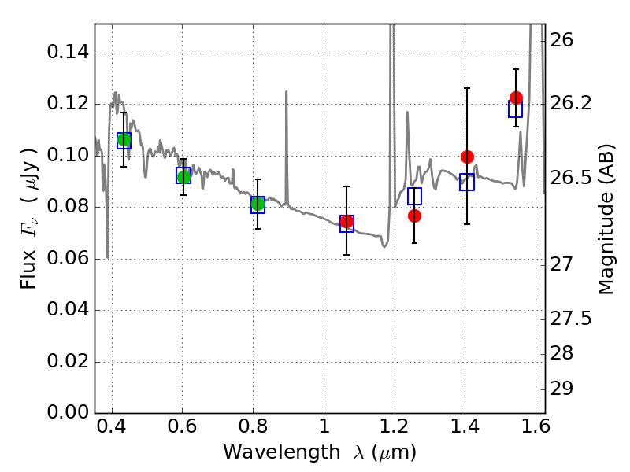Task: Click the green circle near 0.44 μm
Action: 124,140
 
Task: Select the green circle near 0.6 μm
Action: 183,176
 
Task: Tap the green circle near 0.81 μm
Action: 258,204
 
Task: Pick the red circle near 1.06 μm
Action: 346,221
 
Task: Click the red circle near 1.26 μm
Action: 414,216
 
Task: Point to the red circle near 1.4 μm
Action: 467,157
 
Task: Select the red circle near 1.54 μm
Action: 516,98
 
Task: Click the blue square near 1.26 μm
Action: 414,196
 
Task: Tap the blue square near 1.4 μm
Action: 467,182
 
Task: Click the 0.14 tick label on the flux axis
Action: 68,52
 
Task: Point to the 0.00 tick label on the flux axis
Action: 68,412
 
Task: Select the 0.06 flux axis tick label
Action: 68,258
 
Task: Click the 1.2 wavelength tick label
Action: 395,426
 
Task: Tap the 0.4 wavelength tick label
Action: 112,426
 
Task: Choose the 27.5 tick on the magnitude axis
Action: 570,319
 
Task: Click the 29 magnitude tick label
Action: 561,389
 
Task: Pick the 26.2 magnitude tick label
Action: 570,103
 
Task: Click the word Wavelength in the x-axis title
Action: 282,452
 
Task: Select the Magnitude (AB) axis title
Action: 606,219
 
